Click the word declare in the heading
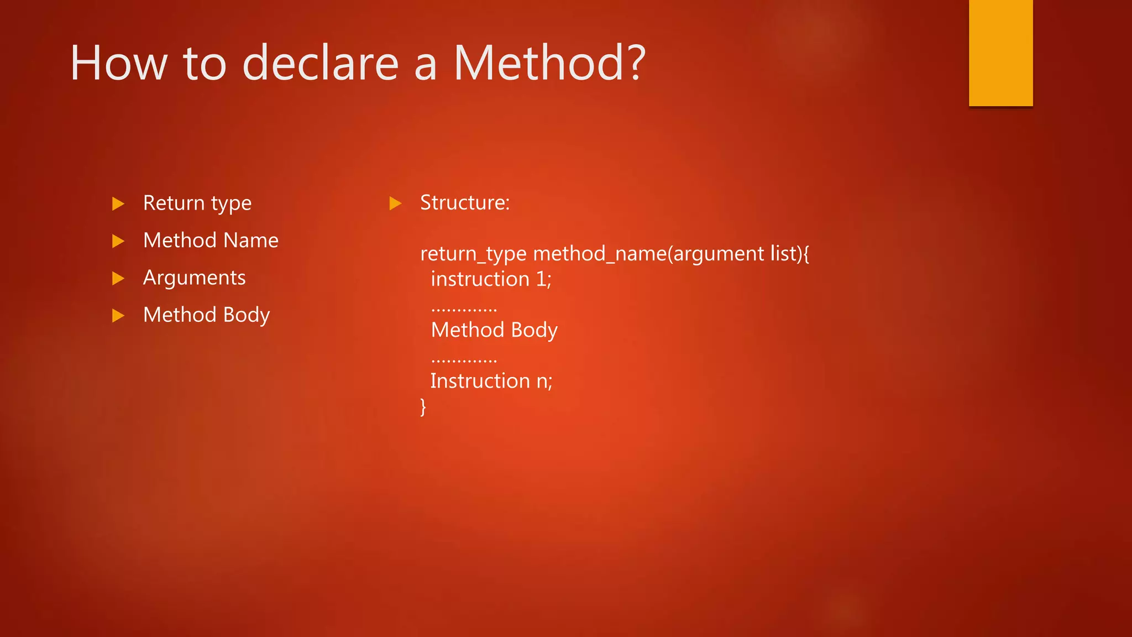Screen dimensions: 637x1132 tap(320, 63)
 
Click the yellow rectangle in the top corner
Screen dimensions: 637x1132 tap(1000, 53)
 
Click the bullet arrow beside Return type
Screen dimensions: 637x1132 tap(118, 203)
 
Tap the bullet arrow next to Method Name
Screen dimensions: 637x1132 tap(118, 241)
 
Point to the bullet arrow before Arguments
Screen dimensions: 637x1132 tap(118, 278)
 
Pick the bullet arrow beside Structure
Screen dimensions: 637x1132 tap(395, 203)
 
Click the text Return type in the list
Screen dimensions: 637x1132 tap(197, 203)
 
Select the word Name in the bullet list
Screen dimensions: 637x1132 tap(251, 241)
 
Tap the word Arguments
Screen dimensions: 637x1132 tap(194, 278)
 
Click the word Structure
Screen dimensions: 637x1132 tap(464, 202)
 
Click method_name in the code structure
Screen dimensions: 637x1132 tap(600, 254)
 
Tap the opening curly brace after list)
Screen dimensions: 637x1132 tap(806, 254)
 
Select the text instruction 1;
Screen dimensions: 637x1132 tap(491, 279)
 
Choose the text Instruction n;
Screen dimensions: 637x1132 tap(491, 381)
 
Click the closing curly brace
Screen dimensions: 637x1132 tap(423, 407)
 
